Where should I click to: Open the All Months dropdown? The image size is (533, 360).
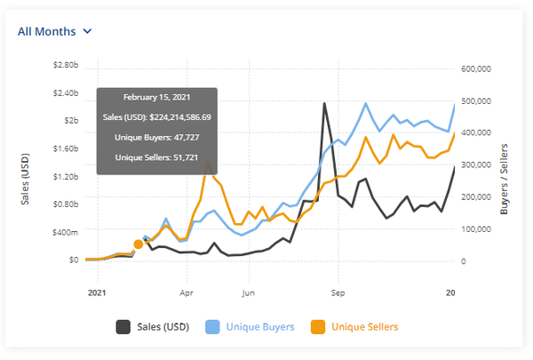(55, 31)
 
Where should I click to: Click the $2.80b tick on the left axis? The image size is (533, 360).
(61, 66)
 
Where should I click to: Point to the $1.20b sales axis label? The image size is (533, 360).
(61, 176)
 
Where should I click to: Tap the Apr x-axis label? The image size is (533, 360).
(187, 291)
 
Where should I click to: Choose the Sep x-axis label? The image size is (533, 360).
(338, 291)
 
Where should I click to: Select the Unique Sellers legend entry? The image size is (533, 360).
(355, 327)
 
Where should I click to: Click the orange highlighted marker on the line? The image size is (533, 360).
(139, 244)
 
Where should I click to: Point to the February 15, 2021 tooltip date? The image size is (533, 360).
(156, 97)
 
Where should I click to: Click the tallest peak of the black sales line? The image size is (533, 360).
(323, 103)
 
